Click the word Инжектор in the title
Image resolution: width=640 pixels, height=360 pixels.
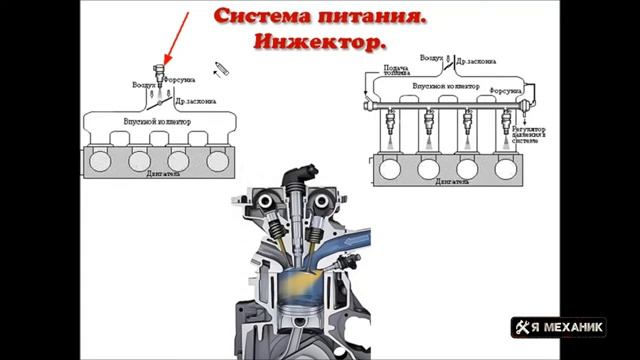coord(319,44)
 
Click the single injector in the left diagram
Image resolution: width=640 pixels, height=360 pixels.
coord(158,73)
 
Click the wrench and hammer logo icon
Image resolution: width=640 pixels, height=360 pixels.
coord(524,327)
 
